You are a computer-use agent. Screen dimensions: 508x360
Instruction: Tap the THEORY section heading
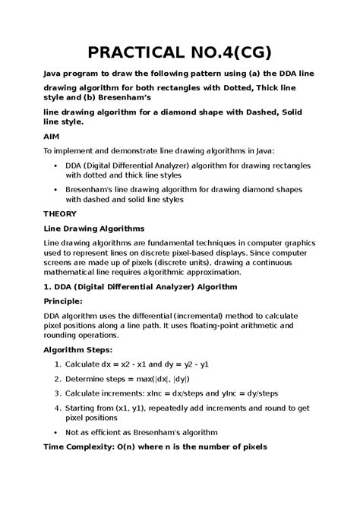(59, 214)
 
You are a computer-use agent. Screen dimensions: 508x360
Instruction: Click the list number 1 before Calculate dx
(58, 364)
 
